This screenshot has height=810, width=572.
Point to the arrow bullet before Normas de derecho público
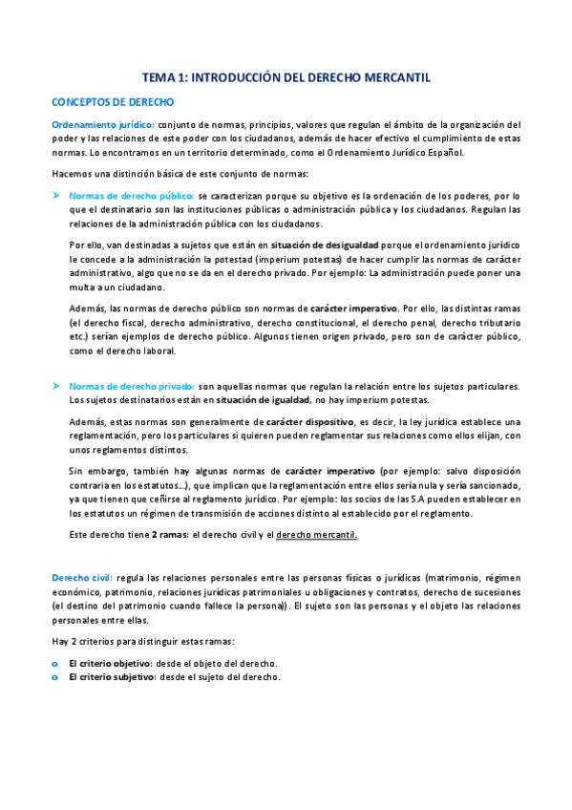tap(56, 194)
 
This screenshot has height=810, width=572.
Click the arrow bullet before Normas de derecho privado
tap(56, 385)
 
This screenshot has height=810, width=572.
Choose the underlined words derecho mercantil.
tap(316, 534)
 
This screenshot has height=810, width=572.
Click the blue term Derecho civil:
tap(82, 578)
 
